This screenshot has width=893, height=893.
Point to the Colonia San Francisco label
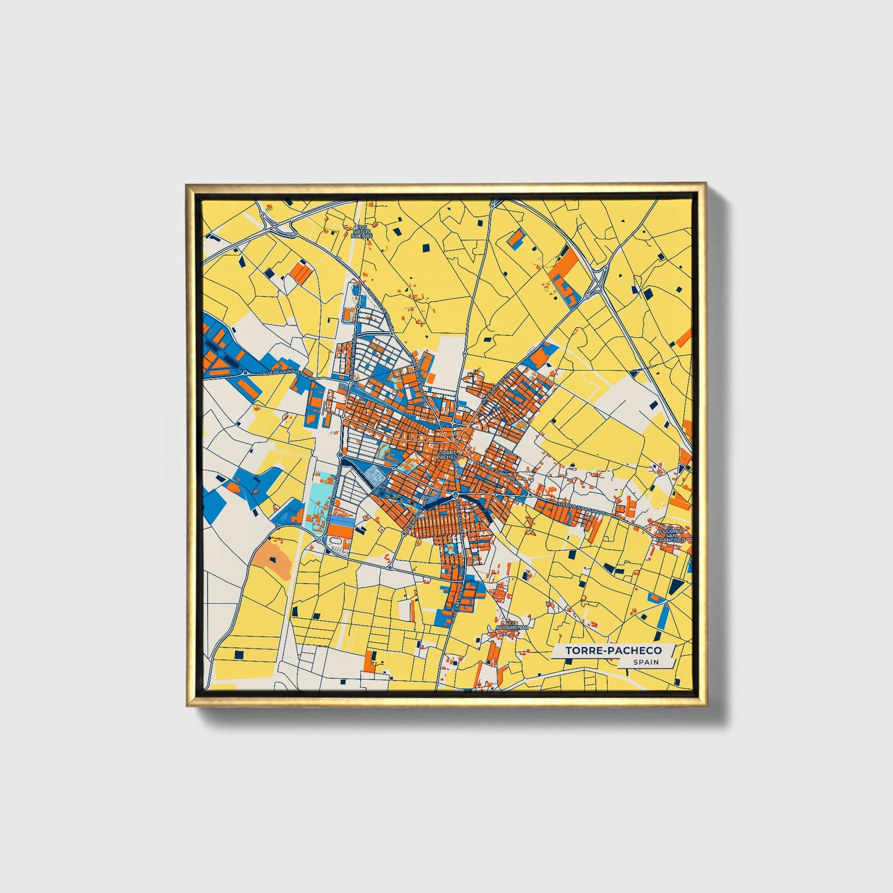click(671, 535)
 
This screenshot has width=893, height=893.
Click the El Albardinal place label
click(509, 625)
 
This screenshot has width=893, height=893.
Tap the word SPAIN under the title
click(645, 662)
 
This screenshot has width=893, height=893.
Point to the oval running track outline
click(337, 544)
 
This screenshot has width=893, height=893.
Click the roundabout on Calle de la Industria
click(245, 373)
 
